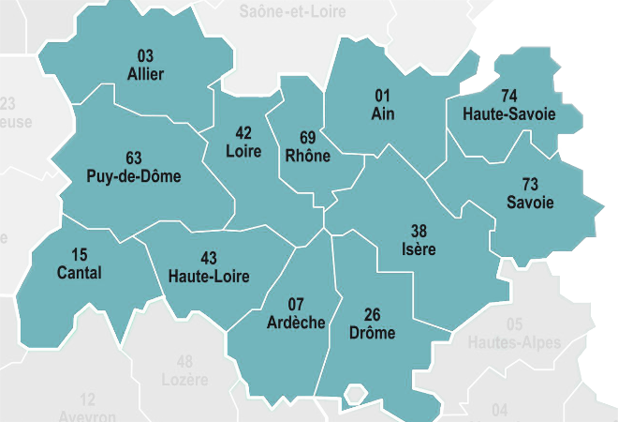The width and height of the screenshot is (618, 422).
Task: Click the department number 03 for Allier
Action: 145,55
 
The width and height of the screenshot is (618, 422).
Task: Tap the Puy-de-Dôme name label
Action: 133,176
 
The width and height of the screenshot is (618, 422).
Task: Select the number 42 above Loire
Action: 243,131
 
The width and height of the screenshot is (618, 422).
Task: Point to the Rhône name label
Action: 307,156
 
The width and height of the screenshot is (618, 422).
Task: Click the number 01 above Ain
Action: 382,96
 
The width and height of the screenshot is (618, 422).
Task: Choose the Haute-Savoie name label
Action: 509,113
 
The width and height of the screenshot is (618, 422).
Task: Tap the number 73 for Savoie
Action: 530,185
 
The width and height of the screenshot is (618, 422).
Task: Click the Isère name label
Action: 419,249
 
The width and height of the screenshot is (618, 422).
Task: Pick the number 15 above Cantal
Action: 80,255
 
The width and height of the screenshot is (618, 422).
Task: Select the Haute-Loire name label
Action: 209,276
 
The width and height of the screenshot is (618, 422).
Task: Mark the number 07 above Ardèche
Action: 295,304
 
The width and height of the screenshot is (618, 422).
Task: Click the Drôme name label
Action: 371,333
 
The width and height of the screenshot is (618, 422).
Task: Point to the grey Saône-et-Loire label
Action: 292,12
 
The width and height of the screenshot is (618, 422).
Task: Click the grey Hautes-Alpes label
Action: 514,343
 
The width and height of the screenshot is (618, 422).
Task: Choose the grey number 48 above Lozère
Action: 184,362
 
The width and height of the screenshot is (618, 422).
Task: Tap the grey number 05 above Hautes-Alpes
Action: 514,324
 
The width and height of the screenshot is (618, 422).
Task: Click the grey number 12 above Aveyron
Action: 88,399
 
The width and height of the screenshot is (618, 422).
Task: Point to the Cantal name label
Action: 80,273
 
